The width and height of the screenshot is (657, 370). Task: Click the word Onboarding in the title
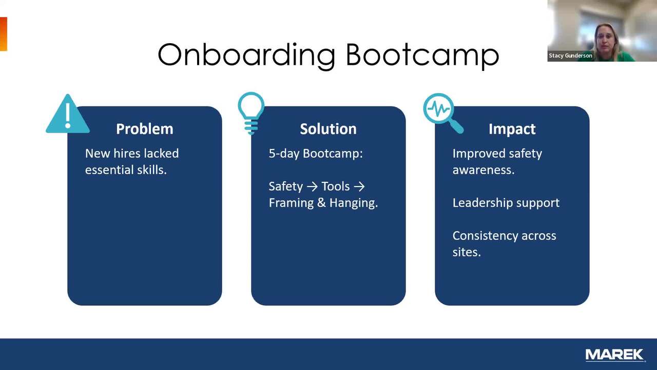coord(246,56)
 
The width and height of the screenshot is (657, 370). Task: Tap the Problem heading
coord(145,129)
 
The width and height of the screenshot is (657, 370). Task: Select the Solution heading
coord(328,129)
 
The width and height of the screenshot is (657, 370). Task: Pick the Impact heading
coord(512,129)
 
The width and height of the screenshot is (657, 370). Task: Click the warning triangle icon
coord(68,115)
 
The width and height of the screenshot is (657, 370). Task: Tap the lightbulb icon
coord(251,113)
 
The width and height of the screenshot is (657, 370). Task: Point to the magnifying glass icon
coord(443,113)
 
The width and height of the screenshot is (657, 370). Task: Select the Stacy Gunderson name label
coord(570,55)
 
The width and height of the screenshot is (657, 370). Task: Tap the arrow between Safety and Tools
coord(312,187)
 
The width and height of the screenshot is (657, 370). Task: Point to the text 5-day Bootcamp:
coord(316,154)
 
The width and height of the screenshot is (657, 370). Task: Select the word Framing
coord(291,203)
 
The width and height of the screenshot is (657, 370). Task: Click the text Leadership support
coord(506,203)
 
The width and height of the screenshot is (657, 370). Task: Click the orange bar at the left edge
coord(3,34)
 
